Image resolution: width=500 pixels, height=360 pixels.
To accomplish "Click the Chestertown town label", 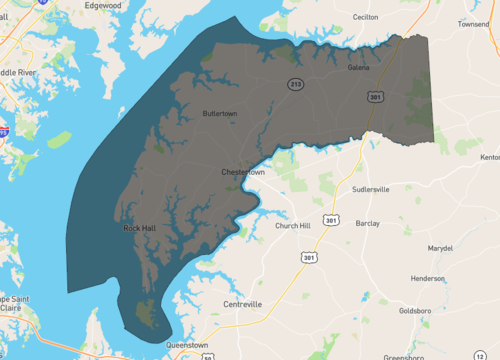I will pyautogui.click(x=243, y=173).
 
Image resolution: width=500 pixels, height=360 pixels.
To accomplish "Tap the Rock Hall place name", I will pyautogui.click(x=140, y=228).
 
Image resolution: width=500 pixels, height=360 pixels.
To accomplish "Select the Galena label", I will pyautogui.click(x=359, y=67).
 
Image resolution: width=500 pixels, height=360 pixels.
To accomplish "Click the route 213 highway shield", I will pyautogui.click(x=295, y=83).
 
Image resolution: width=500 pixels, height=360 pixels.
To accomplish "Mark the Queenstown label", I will pyautogui.click(x=187, y=345).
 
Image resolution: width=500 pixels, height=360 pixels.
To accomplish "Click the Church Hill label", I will pyautogui.click(x=294, y=226).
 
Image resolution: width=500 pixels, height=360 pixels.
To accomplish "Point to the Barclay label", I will pyautogui.click(x=367, y=224).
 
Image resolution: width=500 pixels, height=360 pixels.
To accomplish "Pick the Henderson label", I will pyautogui.click(x=428, y=278).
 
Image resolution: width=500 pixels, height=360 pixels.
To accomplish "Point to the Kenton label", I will pyautogui.click(x=490, y=157).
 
